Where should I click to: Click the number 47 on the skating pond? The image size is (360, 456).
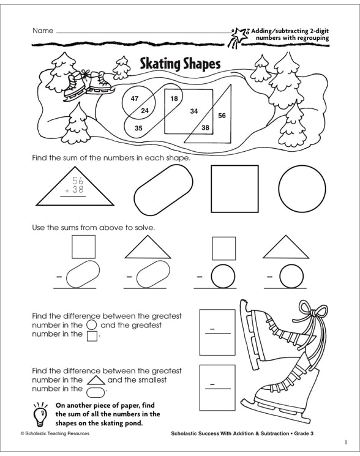pyautogui.click(x=135, y=99)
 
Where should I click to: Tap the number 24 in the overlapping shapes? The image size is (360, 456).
pyautogui.click(x=145, y=111)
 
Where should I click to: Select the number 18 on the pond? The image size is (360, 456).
pyautogui.click(x=174, y=99)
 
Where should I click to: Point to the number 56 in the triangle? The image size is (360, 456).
pyautogui.click(x=222, y=116)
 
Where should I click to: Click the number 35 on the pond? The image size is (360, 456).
pyautogui.click(x=138, y=128)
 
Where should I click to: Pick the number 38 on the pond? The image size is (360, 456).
pyautogui.click(x=205, y=128)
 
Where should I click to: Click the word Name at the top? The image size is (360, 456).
pyautogui.click(x=43, y=31)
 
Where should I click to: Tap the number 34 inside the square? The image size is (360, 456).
pyautogui.click(x=193, y=111)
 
